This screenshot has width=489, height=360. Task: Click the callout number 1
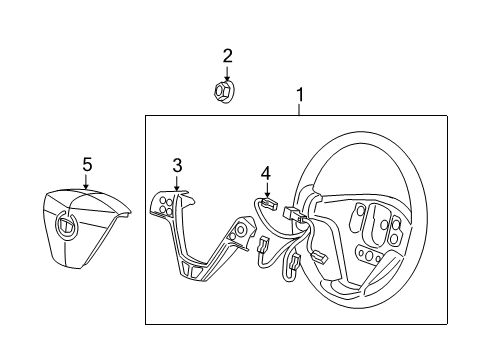[299, 95]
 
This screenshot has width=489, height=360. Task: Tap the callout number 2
[227, 56]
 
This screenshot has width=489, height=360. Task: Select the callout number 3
[177, 165]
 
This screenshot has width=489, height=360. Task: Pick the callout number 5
[87, 163]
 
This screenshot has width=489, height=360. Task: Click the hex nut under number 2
[224, 92]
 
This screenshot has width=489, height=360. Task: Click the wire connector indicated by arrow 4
[269, 204]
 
